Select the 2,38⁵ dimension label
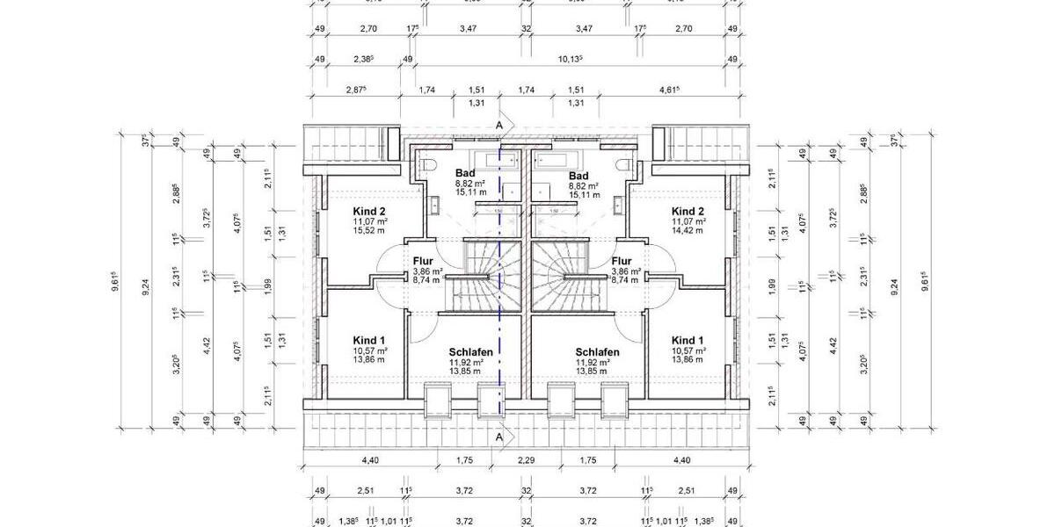pyautogui.click(x=362, y=59)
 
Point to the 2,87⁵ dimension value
pyautogui.click(x=356, y=90)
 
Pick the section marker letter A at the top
pyautogui.click(x=499, y=126)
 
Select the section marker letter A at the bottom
pyautogui.click(x=499, y=437)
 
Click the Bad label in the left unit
pyautogui.click(x=465, y=173)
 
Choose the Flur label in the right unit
pyautogui.click(x=622, y=261)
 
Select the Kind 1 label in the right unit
pyautogui.click(x=688, y=340)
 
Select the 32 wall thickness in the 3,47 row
pyautogui.click(x=527, y=29)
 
